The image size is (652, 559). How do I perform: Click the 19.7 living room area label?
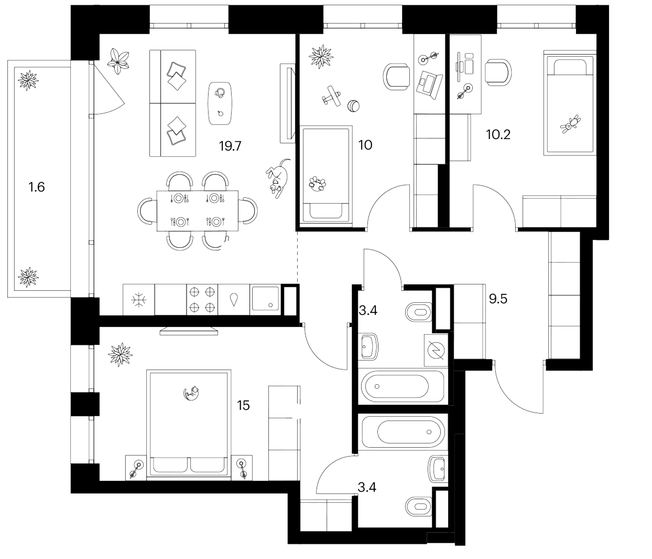click(x=230, y=146)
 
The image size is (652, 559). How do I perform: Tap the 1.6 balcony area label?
click(x=37, y=187)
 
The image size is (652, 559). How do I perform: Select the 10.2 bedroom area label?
click(x=498, y=135)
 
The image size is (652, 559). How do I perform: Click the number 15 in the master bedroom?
click(x=243, y=406)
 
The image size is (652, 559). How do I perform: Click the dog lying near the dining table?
click(x=278, y=179)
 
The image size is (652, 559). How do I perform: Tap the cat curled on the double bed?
click(x=192, y=393)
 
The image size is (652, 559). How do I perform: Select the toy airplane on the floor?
click(x=331, y=96)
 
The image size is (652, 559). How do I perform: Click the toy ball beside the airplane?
click(x=354, y=106)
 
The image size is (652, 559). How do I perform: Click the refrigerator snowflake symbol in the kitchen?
click(x=138, y=300)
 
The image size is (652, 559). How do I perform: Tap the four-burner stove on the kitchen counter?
click(x=202, y=300)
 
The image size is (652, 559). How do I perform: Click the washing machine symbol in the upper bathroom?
click(x=436, y=350)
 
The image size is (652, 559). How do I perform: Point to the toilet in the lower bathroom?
click(x=419, y=507)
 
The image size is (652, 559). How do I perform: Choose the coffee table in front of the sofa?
click(x=220, y=103)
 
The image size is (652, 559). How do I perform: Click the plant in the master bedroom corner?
click(x=120, y=355)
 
